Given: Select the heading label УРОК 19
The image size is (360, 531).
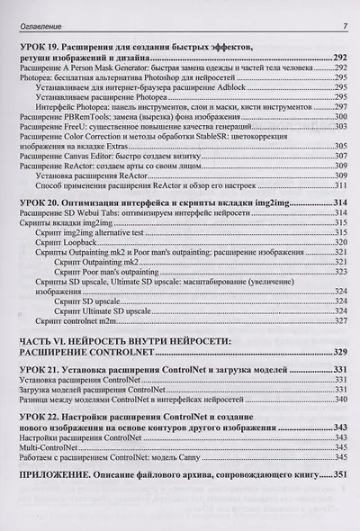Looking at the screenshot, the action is coord(43,45).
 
